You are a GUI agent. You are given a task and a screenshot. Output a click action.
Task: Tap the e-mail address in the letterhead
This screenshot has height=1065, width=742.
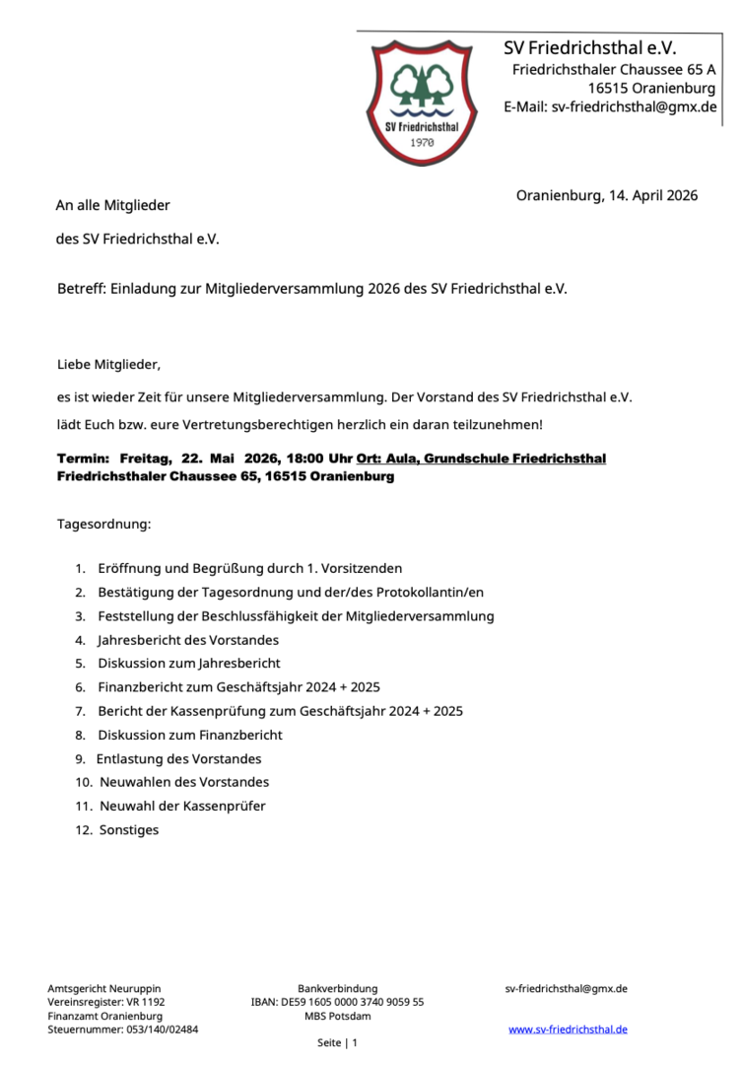tap(610, 106)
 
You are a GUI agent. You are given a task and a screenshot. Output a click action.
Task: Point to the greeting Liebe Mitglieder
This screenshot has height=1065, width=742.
tap(108, 365)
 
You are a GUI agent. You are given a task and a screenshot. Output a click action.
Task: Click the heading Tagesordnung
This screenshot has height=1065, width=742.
tap(104, 524)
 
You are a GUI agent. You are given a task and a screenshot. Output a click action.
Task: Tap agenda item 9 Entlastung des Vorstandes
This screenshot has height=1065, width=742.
tap(178, 759)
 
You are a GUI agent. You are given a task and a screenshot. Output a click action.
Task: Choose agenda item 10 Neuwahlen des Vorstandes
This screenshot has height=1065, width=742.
tap(184, 782)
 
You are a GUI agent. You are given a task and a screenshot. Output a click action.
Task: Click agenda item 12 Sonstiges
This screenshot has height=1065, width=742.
tap(129, 830)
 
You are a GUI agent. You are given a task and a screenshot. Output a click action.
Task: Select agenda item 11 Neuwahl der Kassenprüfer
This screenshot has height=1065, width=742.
tap(182, 806)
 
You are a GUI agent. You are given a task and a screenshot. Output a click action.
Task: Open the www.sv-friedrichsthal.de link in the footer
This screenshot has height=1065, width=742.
tap(568, 1029)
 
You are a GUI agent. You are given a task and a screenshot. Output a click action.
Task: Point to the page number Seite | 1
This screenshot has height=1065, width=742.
tap(337, 1042)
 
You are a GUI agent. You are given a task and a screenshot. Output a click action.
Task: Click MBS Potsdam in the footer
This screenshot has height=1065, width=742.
tap(338, 1016)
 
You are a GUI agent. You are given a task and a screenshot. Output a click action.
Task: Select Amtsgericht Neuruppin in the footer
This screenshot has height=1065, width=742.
tap(104, 988)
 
